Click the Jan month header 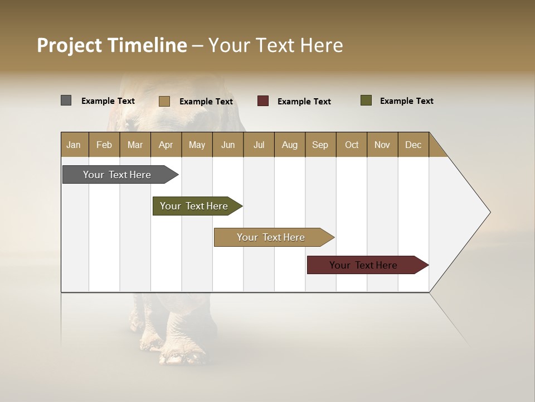(74, 145)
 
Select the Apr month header (166, 145)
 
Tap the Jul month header (259, 145)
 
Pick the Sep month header (320, 145)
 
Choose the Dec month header (413, 145)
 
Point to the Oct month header (352, 145)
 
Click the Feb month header (104, 145)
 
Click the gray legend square (66, 100)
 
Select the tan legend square (164, 101)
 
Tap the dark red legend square (263, 101)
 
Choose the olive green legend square (366, 100)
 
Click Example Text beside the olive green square (406, 101)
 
